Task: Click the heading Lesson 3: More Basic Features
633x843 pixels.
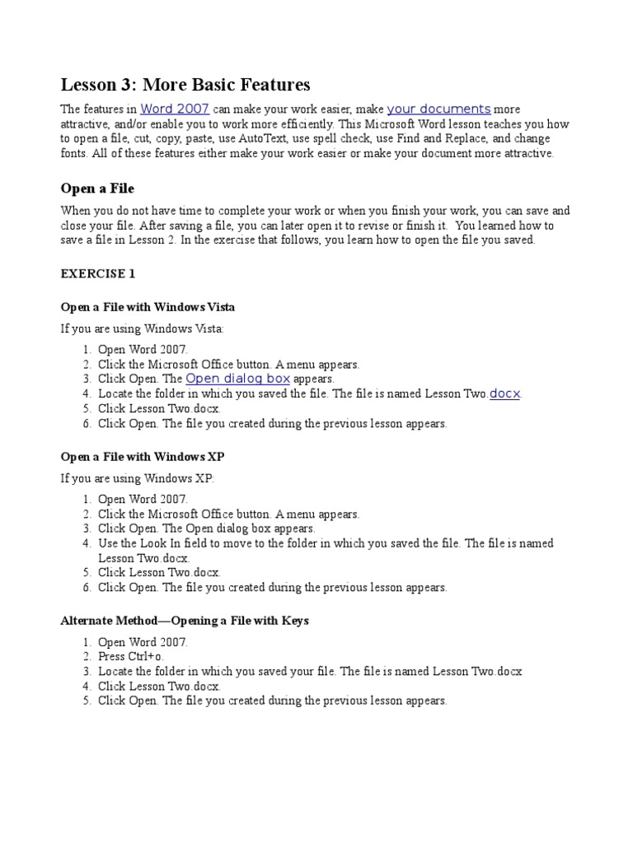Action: (185, 85)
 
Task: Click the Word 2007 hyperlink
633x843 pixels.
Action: (175, 109)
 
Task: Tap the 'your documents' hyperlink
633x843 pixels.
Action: (438, 109)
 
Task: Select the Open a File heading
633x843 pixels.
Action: (97, 189)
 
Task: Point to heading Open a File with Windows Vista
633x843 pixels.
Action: (148, 307)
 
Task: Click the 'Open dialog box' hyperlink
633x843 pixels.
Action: (237, 379)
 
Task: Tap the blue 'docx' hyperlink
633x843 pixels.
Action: (505, 394)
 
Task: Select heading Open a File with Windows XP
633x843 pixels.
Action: (143, 456)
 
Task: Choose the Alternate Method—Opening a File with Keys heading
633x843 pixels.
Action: (185, 621)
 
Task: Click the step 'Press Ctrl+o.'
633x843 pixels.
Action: (132, 657)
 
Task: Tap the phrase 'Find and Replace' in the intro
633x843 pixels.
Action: (443, 139)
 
